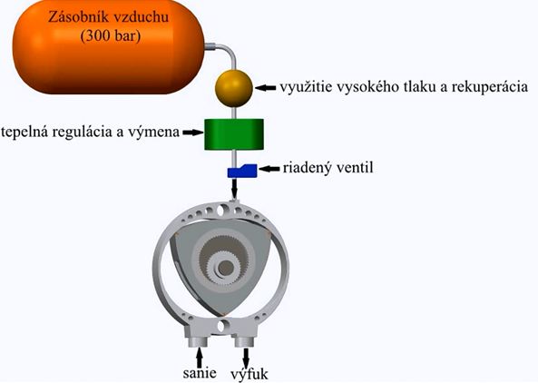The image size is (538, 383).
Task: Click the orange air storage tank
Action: [x=109, y=46]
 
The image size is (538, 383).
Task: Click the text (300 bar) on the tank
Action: [x=111, y=35]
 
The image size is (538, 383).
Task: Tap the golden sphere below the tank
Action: [x=234, y=88]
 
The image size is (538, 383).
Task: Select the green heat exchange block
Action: [x=234, y=134]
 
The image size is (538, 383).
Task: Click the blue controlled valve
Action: [x=242, y=171]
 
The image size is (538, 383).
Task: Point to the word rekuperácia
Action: [x=490, y=87]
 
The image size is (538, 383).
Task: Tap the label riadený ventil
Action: [x=328, y=168]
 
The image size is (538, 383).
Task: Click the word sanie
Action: [x=200, y=373]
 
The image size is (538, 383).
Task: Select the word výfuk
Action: [x=249, y=374]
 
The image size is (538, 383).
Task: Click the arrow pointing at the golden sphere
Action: [x=265, y=88]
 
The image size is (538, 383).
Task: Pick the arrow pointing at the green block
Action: [x=193, y=133]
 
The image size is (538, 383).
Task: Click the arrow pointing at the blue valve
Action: [x=269, y=169]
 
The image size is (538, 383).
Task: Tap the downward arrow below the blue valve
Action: [x=234, y=189]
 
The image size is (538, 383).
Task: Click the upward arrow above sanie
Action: [x=200, y=358]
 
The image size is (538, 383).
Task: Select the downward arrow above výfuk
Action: [x=246, y=358]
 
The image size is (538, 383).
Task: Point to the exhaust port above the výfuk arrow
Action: [x=245, y=341]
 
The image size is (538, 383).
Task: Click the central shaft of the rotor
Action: [x=225, y=268]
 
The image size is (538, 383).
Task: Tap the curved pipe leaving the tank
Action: [x=230, y=51]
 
